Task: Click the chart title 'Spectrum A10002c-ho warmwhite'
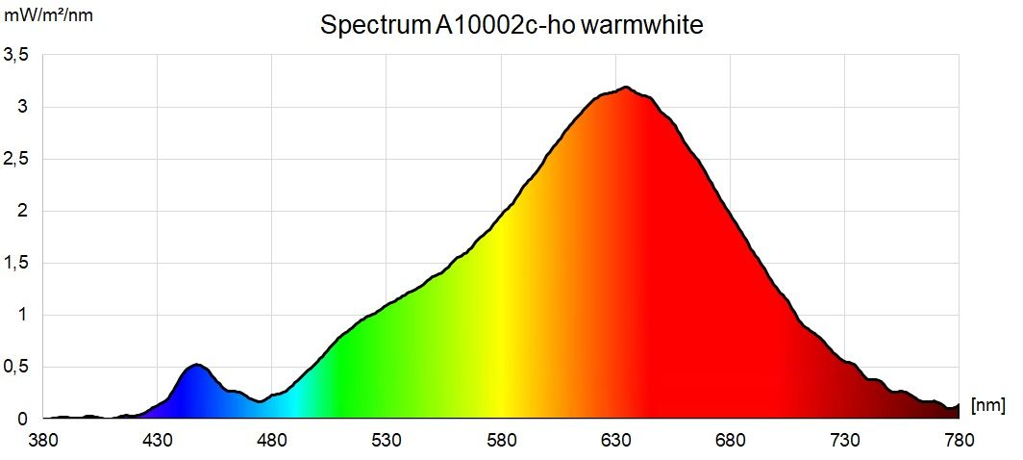pyautogui.click(x=511, y=26)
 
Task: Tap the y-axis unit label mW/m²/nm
pyautogui.click(x=49, y=16)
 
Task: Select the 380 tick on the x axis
pyautogui.click(x=42, y=441)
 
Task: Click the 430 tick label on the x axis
pyautogui.click(x=157, y=441)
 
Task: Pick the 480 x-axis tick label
pyautogui.click(x=272, y=441)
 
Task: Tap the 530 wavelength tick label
pyautogui.click(x=387, y=441)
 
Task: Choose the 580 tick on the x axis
pyautogui.click(x=501, y=441)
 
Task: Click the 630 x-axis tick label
pyautogui.click(x=615, y=441)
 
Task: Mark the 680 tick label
pyautogui.click(x=730, y=441)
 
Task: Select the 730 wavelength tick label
pyautogui.click(x=845, y=441)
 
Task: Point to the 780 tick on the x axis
pyautogui.click(x=959, y=441)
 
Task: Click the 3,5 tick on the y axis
pyautogui.click(x=16, y=56)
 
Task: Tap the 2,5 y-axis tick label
pyautogui.click(x=16, y=160)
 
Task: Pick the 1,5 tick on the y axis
pyautogui.click(x=16, y=264)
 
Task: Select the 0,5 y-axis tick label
pyautogui.click(x=16, y=368)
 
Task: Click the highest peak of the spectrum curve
pyautogui.click(x=626, y=88)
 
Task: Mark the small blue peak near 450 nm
pyautogui.click(x=197, y=365)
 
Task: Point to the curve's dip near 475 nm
pyautogui.click(x=260, y=401)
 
